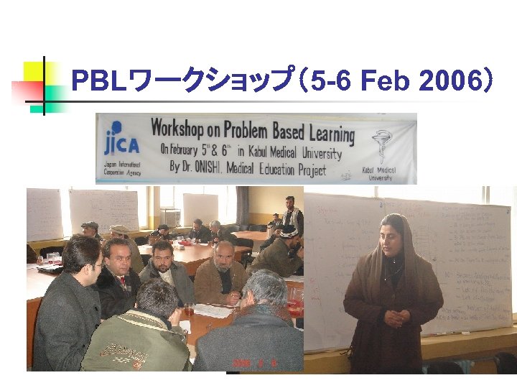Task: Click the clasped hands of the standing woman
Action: point(393,317)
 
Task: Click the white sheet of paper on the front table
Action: point(213,310)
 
